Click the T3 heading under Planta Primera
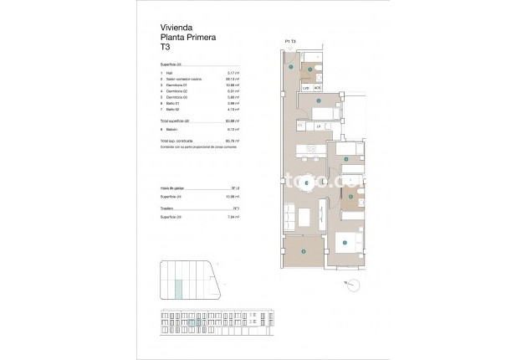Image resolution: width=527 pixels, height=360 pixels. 164,48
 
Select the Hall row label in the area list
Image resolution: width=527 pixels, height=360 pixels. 170,74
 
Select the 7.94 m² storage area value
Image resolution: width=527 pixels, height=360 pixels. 235,217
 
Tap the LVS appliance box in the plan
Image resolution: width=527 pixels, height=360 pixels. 306,87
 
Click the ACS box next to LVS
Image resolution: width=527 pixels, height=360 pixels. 317,87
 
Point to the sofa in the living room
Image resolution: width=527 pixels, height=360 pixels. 289,217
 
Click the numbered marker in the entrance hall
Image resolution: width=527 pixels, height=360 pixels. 290,67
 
